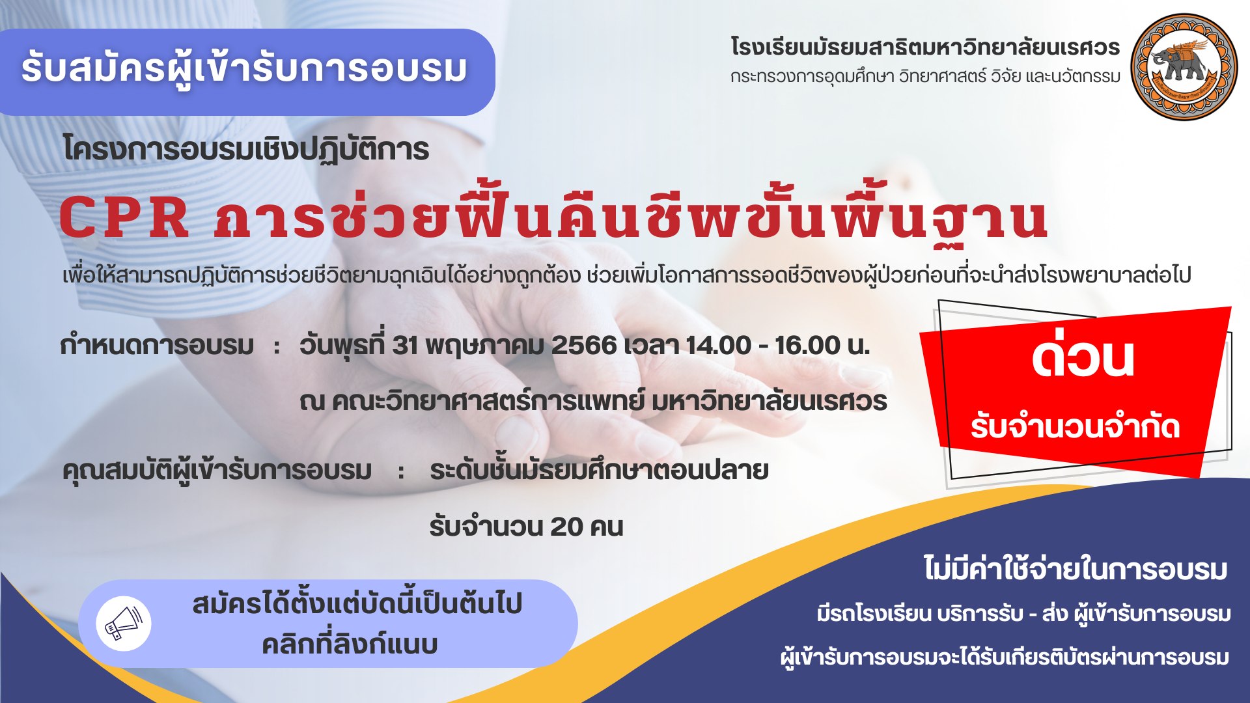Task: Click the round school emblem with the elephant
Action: point(1184,67)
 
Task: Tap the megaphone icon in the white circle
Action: point(124,623)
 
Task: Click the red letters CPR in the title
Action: point(124,217)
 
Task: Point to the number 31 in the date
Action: point(404,345)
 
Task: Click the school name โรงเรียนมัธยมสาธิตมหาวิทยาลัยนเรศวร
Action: point(925,47)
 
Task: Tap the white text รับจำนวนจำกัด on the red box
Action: point(1075,427)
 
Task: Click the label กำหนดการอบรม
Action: point(157,345)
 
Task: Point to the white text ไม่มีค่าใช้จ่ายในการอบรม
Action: point(1076,568)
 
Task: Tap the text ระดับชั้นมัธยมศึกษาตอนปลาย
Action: point(599,470)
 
